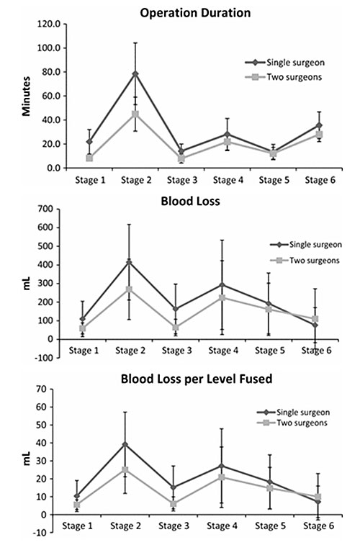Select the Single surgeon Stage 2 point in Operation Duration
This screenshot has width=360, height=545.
[x=135, y=73]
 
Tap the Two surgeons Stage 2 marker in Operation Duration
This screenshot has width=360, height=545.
[x=135, y=114]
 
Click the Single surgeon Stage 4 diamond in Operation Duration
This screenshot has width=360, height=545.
[x=227, y=135]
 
